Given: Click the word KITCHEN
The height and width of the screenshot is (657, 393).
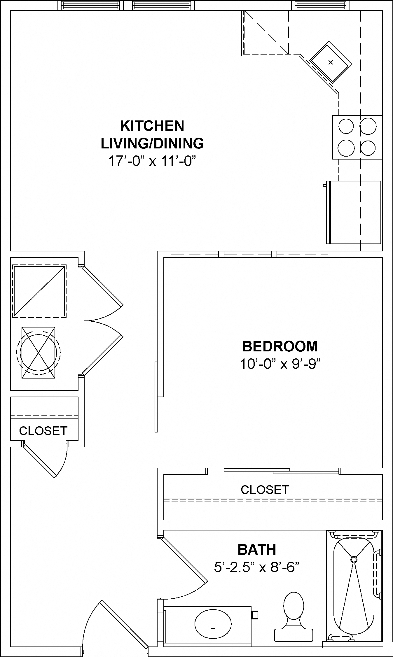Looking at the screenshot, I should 152,126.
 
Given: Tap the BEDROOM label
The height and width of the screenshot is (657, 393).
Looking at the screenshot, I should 280,346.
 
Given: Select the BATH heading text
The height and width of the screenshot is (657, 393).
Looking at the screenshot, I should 257,550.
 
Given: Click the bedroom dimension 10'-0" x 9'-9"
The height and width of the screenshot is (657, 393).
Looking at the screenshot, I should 280,364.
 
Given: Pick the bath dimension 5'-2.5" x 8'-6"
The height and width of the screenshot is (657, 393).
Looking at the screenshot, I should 257,567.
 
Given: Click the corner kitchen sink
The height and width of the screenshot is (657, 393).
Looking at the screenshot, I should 331,62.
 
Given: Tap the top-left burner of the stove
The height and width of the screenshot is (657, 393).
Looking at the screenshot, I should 346,126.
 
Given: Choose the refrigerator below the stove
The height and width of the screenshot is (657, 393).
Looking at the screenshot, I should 355,212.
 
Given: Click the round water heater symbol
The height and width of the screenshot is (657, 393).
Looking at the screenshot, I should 38,353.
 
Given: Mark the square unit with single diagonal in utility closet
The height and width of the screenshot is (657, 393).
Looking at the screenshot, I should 39,291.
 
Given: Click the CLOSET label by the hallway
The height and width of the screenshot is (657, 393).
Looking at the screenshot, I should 43,431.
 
